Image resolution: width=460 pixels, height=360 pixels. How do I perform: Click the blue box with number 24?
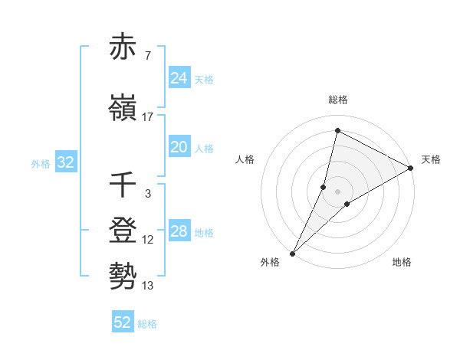click(x=179, y=77)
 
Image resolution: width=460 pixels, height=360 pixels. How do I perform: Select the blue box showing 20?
click(x=179, y=148)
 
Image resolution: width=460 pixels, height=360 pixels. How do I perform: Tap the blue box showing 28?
click(x=179, y=231)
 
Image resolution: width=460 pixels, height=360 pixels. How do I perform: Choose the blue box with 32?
click(x=64, y=162)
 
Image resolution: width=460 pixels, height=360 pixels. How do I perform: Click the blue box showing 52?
click(x=123, y=322)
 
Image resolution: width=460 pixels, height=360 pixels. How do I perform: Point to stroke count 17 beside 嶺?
click(x=147, y=117)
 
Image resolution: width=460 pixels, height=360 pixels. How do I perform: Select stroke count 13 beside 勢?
click(x=147, y=286)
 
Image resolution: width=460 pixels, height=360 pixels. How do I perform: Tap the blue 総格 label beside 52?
click(x=147, y=324)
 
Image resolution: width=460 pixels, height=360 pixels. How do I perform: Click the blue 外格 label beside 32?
click(x=40, y=163)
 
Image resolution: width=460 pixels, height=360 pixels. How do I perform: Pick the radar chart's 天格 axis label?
click(x=431, y=159)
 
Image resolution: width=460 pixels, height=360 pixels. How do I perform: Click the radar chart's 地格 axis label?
click(x=402, y=263)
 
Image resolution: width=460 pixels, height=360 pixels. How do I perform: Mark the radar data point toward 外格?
click(x=292, y=253)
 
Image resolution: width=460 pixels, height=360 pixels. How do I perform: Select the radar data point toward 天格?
click(x=411, y=168)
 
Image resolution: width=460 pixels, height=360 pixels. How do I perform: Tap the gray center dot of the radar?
click(x=337, y=191)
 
